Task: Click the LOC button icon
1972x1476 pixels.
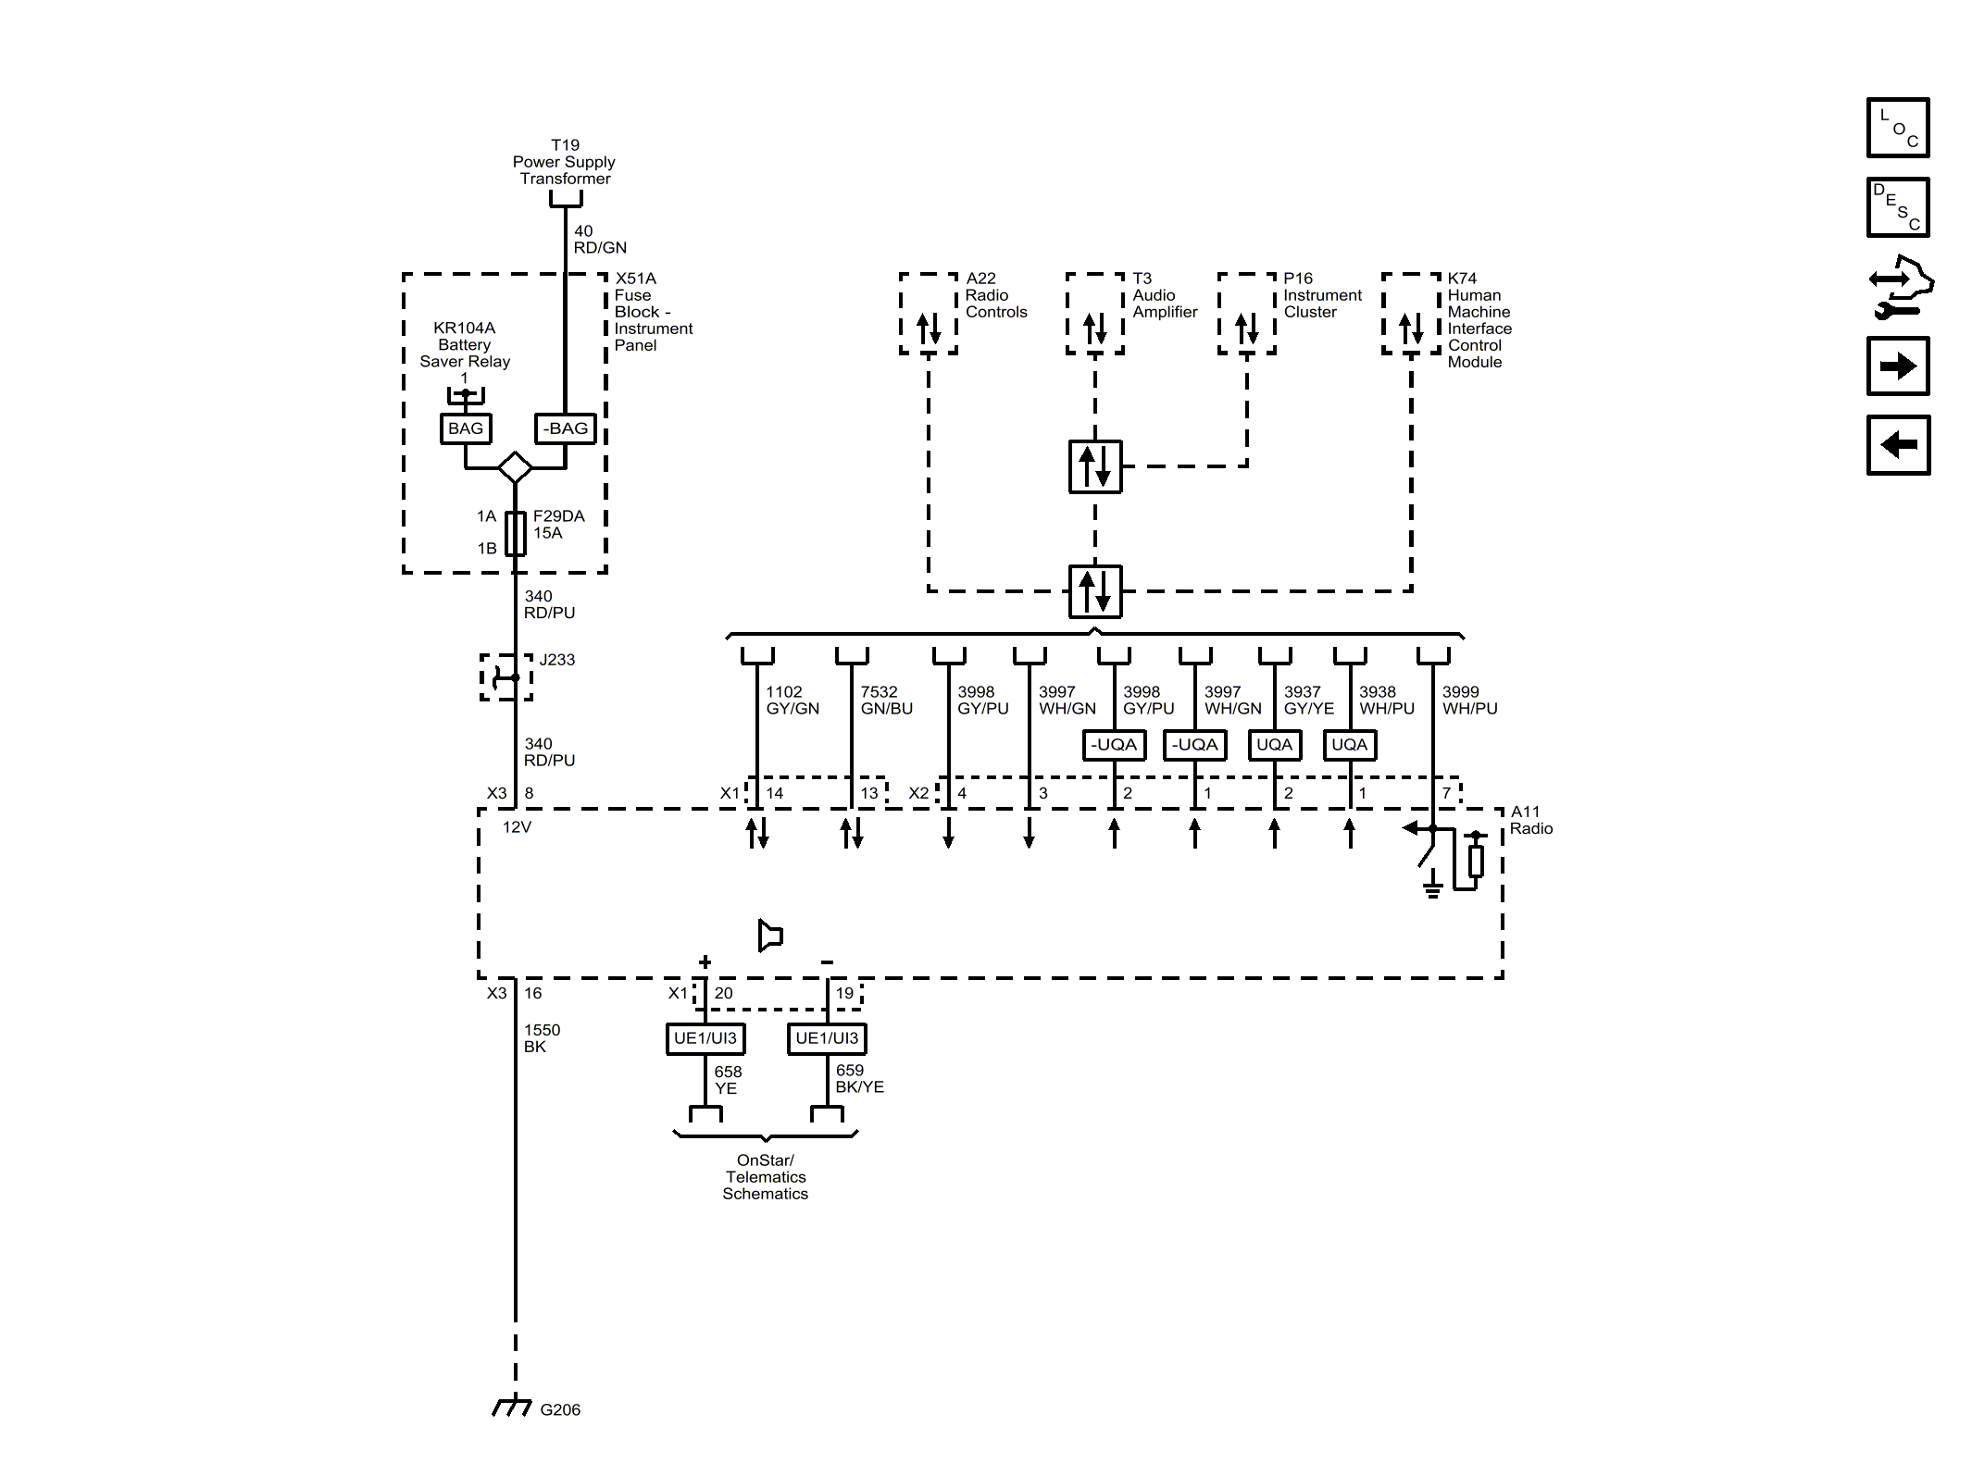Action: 1897,128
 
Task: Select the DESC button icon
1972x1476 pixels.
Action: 1897,207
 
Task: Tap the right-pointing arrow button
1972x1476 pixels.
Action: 1897,366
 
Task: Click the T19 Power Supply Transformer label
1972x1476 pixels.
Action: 564,162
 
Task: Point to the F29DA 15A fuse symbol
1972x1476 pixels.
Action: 516,533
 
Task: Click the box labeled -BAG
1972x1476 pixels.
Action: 565,428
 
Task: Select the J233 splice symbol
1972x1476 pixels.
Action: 505,677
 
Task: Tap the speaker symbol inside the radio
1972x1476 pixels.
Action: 769,936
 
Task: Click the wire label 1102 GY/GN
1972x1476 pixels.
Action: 792,701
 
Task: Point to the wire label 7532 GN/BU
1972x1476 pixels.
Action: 886,701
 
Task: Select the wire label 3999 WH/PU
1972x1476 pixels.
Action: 1468,701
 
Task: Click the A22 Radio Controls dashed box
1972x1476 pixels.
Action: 928,314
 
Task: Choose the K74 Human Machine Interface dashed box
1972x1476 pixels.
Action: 1410,314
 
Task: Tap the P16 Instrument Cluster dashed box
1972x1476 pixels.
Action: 1246,314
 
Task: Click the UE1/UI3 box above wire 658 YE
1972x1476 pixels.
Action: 705,1038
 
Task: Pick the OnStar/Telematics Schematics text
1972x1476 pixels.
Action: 765,1177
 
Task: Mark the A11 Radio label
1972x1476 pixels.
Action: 1530,821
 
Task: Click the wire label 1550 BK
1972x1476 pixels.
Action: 542,1038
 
